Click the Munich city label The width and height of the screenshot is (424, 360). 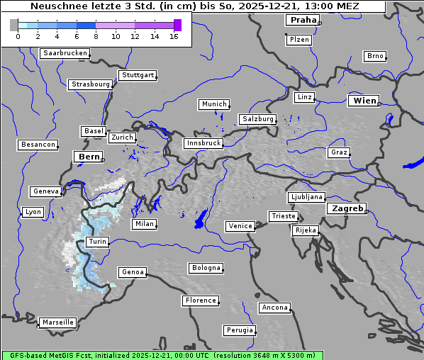point(214,104)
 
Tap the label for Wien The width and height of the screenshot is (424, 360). point(365,101)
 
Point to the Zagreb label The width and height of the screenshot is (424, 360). point(347,208)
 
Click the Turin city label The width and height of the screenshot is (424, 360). point(97,242)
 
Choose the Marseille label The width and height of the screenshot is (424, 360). point(57,322)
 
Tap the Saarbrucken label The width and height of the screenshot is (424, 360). point(65,53)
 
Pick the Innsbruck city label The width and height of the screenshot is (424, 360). point(203,143)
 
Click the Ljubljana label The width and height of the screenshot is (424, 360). point(306,197)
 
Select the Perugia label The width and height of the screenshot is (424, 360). point(240,330)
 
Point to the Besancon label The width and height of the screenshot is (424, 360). point(38,145)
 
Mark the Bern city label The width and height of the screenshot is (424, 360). point(89,156)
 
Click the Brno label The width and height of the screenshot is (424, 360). point(374,56)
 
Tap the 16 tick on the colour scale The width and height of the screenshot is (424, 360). point(174,37)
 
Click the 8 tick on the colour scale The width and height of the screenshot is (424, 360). point(96,37)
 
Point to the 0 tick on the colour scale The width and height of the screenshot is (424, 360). point(18,37)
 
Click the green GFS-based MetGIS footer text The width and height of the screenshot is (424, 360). point(162,355)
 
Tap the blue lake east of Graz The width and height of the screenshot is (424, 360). point(412,163)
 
